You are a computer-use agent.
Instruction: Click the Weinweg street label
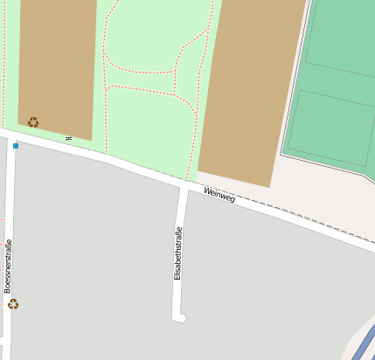(219, 196)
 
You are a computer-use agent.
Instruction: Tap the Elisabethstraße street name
(178, 253)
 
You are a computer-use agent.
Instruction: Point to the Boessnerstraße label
(8, 265)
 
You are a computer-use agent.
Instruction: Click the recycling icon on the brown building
(33, 122)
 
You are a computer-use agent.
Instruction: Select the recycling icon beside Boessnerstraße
(13, 304)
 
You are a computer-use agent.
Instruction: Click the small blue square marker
(16, 145)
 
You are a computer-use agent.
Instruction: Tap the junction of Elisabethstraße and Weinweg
(184, 186)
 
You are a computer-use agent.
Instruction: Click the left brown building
(57, 66)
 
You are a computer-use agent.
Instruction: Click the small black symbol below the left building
(68, 138)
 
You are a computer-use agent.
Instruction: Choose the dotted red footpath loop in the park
(140, 70)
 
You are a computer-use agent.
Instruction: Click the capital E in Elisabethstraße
(178, 276)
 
